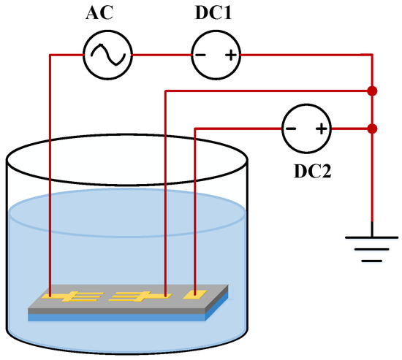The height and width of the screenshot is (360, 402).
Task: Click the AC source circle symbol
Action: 107,55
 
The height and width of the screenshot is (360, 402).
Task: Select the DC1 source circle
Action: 213,55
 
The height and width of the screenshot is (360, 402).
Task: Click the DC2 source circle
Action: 305,130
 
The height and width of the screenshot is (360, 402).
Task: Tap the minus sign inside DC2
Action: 292,130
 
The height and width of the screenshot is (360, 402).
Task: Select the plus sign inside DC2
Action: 319,130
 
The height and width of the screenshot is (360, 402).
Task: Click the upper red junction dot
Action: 373,91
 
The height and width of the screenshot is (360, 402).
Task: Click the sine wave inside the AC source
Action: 107,55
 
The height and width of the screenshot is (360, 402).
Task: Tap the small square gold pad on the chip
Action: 194,294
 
